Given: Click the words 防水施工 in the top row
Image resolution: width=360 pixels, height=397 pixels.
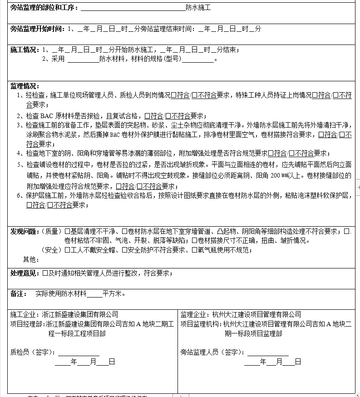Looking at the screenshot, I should (x=198, y=8).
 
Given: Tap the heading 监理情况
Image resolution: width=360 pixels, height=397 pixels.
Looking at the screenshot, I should (x=25, y=86).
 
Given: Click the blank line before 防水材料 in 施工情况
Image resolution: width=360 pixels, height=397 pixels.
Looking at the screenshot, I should (x=83, y=59).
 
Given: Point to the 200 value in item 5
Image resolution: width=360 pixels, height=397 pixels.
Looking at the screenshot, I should (x=276, y=176).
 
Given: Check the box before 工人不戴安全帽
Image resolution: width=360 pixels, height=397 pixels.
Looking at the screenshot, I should (x=67, y=250).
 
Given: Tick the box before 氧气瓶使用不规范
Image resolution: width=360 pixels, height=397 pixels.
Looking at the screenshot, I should (x=194, y=250).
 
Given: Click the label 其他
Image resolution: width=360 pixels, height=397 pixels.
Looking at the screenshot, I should (x=30, y=259).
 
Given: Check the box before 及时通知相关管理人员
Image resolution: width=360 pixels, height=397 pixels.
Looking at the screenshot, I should (x=45, y=273).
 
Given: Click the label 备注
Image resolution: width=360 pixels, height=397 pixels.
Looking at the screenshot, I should (x=19, y=294).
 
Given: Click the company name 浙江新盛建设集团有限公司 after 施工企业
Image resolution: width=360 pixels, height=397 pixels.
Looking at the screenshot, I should (x=79, y=314).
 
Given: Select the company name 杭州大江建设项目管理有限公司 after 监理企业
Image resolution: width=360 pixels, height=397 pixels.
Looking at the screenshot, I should (x=256, y=314).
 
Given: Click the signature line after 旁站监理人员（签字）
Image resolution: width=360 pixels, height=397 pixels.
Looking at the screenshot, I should (x=267, y=352).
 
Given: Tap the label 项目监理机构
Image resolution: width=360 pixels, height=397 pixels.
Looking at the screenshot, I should (x=200, y=324).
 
